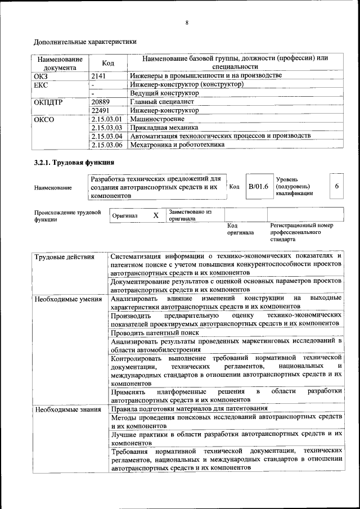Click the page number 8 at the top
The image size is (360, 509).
[x=186, y=23]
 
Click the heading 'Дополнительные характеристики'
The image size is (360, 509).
[x=85, y=42]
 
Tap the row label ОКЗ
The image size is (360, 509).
[x=42, y=75]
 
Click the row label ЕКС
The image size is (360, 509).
[x=41, y=84]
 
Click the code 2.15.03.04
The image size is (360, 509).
[x=106, y=136]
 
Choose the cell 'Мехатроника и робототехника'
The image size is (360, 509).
[x=177, y=145]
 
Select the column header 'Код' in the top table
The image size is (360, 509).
[x=108, y=63]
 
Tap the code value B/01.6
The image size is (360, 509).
[x=258, y=186]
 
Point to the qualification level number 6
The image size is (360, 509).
[x=336, y=186]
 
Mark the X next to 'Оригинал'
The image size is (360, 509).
[x=156, y=215]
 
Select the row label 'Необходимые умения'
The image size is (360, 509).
[x=67, y=299]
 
